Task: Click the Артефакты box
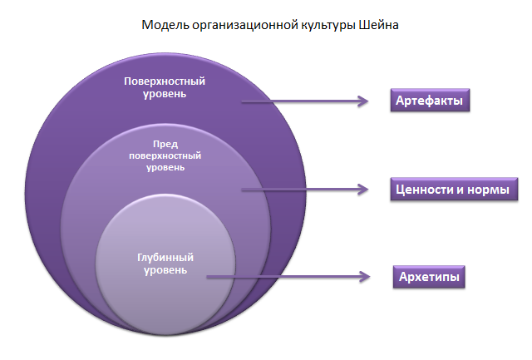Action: [x=426, y=101]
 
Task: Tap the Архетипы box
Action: [x=427, y=276]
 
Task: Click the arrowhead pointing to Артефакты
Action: [x=362, y=101]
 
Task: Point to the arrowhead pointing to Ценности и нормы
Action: [x=362, y=190]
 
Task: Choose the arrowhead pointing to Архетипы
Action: [x=362, y=276]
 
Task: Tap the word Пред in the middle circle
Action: [x=165, y=144]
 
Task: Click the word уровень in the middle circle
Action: [x=165, y=167]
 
